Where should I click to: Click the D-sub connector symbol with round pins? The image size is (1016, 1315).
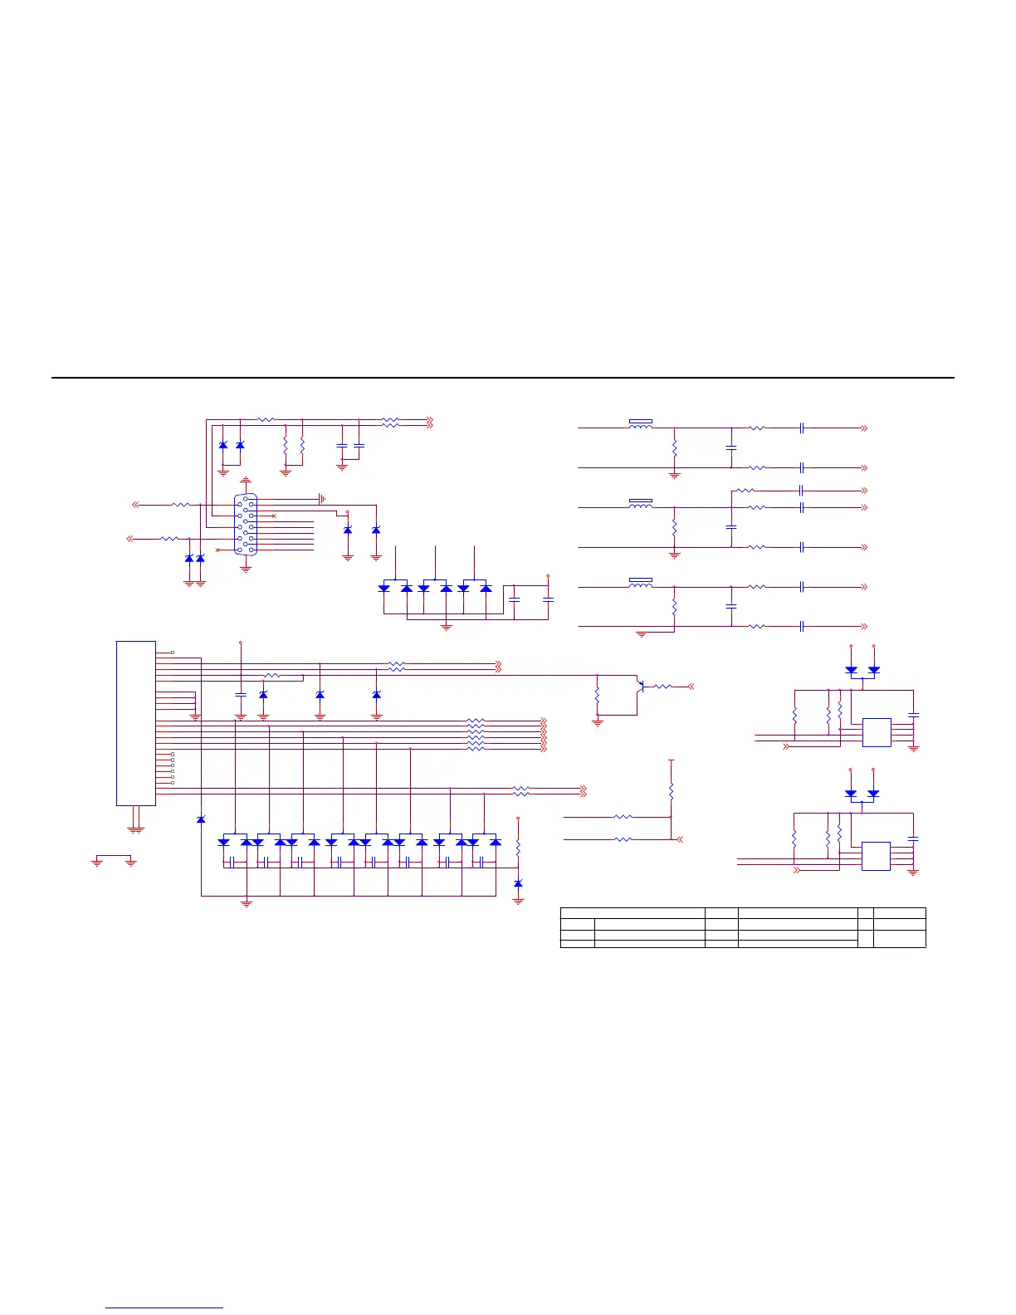[x=246, y=525]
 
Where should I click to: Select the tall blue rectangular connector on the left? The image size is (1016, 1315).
[x=136, y=722]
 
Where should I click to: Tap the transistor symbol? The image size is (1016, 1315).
[x=640, y=686]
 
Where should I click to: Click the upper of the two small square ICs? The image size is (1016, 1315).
[x=877, y=732]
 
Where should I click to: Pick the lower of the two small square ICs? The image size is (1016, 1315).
[x=876, y=856]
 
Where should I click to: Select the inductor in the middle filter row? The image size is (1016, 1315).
[x=641, y=505]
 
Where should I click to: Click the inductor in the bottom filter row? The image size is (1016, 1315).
[x=641, y=584]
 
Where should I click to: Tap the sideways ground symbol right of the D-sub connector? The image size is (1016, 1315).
[x=322, y=499]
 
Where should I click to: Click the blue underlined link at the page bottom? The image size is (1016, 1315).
[x=165, y=1308]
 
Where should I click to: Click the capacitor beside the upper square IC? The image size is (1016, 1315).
[x=914, y=714]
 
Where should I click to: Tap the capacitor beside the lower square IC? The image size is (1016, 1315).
[x=914, y=838]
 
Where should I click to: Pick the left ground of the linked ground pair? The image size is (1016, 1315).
[x=97, y=863]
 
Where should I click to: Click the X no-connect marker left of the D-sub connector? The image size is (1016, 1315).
[x=217, y=550]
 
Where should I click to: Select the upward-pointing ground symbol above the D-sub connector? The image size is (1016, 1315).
[x=246, y=481]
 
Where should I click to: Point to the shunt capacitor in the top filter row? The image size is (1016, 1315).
[x=731, y=447]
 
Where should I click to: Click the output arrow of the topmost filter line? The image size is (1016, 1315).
[x=864, y=428]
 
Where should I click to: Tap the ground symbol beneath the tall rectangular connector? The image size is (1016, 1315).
[x=136, y=828]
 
